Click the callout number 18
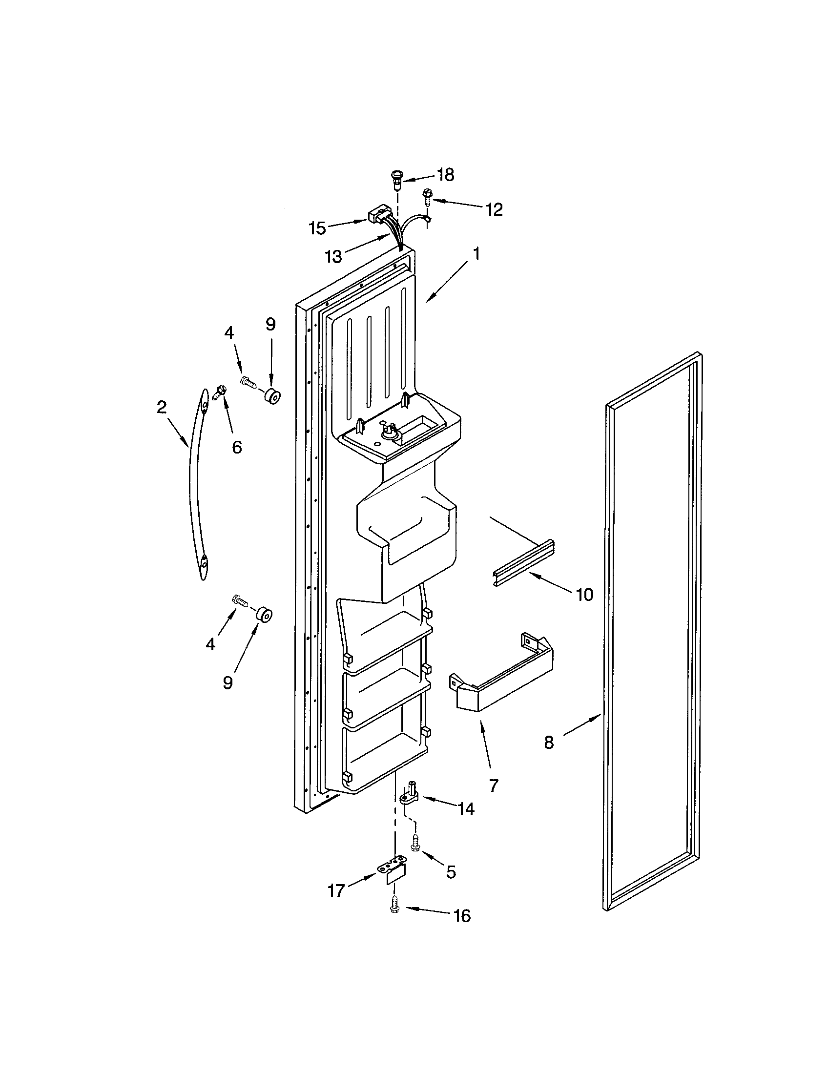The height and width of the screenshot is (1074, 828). coord(445,175)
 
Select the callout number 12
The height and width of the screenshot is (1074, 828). coord(495,209)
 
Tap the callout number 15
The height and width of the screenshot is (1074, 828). coord(318,228)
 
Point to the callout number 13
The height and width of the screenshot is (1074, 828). coord(334,256)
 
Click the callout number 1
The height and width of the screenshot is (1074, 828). coord(476,254)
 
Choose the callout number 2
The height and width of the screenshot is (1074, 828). coord(162,407)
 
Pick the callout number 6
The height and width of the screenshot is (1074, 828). coord(236,447)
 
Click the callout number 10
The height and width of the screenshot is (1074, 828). coord(584,595)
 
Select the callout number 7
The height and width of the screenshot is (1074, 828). coord(494,785)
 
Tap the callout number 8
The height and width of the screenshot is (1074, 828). coord(549,756)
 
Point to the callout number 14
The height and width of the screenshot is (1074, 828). coord(466,808)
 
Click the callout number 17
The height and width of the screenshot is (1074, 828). coord(336,890)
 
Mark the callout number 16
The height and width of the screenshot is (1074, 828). coord(462,915)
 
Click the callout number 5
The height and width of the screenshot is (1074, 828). coord(451,872)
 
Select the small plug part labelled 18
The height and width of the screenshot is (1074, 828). coord(396,179)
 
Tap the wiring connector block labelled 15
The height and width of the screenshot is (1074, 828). coord(376,216)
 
